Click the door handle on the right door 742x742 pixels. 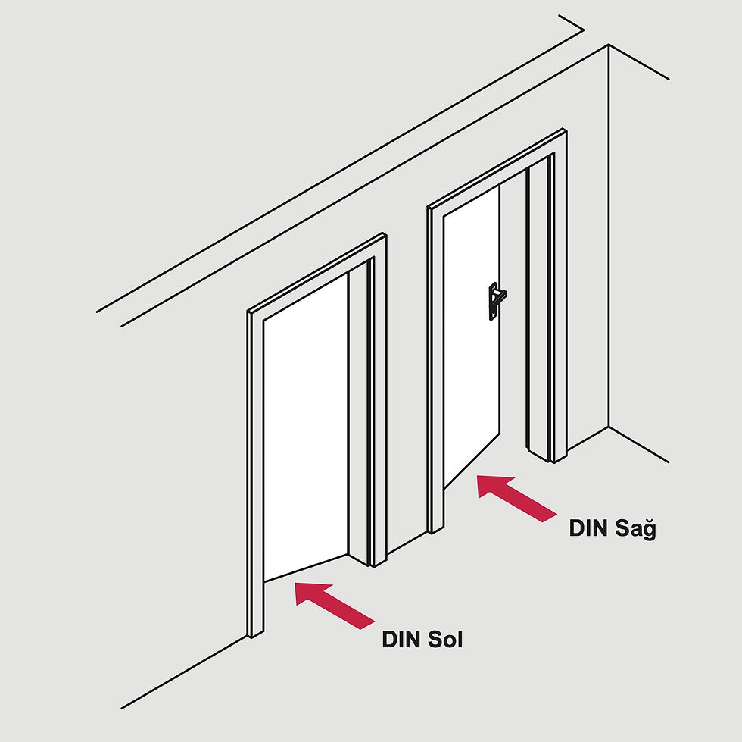coord(495,300)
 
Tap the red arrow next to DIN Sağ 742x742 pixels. coord(516,499)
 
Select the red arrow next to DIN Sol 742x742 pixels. coord(335,606)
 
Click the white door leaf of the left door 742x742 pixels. coord(306,427)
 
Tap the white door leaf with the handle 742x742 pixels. coord(471,337)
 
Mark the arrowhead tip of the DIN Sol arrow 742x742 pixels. coord(295,583)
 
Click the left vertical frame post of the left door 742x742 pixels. coord(256,474)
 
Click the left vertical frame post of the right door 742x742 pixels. coord(435,370)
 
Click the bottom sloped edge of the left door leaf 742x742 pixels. coord(306,567)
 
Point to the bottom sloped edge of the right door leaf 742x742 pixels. coord(472,461)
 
